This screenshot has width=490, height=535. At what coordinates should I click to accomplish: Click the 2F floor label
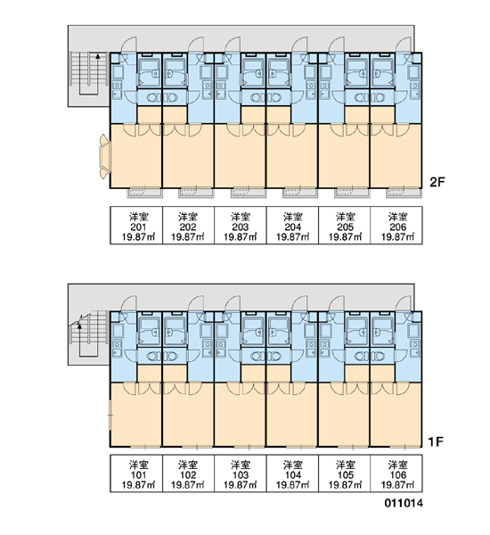click(437, 183)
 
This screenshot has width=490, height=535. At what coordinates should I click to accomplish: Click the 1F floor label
click(436, 442)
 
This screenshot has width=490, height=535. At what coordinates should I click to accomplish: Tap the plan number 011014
click(404, 503)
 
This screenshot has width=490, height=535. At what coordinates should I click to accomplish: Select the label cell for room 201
click(136, 226)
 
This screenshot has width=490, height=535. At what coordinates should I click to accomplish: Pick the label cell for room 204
click(292, 226)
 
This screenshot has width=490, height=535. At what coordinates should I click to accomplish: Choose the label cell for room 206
click(396, 226)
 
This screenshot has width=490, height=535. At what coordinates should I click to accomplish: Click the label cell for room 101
click(136, 473)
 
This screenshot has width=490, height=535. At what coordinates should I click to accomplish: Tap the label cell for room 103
click(241, 473)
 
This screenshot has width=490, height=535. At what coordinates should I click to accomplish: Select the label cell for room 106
click(396, 473)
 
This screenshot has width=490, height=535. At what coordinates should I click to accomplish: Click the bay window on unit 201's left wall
click(105, 157)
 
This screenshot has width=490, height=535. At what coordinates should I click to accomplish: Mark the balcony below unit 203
click(249, 193)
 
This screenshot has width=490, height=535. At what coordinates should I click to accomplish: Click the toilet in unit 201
click(152, 98)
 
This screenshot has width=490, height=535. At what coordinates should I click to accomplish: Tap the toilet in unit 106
click(379, 357)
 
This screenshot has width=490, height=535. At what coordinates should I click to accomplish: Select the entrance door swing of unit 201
click(130, 45)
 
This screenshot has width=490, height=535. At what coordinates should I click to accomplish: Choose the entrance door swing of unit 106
click(404, 303)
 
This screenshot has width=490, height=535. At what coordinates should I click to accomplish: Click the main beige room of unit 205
click(344, 155)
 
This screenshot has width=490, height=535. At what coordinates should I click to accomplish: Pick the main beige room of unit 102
click(188, 415)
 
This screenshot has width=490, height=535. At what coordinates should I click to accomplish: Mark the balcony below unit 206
click(404, 193)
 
